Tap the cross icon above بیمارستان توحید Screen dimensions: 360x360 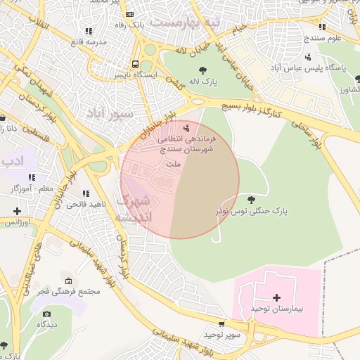276,298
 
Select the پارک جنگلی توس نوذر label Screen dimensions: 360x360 252,211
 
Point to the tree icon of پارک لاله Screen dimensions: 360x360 203,70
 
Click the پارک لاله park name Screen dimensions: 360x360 203,82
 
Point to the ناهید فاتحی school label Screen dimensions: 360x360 86,205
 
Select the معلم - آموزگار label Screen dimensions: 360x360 32,189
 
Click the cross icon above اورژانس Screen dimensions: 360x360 17,211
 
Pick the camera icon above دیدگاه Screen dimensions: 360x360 47,314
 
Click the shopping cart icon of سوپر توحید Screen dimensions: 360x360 222,324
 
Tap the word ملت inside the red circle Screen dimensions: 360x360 172,164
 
